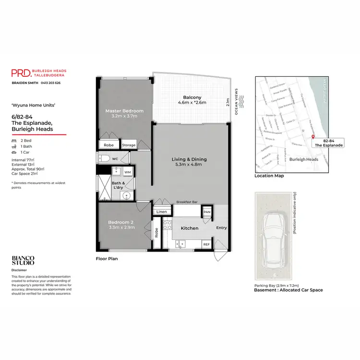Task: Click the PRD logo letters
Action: [x=21, y=73]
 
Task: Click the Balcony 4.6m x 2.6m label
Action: [x=192, y=99]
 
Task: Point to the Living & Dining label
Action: [x=189, y=162]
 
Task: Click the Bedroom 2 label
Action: [x=121, y=225]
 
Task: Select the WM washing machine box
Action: [x=127, y=171]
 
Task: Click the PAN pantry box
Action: [x=207, y=212]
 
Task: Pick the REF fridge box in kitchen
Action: [x=206, y=244]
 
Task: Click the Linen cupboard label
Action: [x=161, y=212]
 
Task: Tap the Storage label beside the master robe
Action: [x=129, y=145]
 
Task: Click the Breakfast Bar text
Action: [x=187, y=203]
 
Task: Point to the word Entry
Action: [x=221, y=228]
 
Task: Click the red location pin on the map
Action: [x=313, y=137]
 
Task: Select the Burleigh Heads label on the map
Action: [x=305, y=159]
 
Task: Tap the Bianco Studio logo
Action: [x=23, y=261]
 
